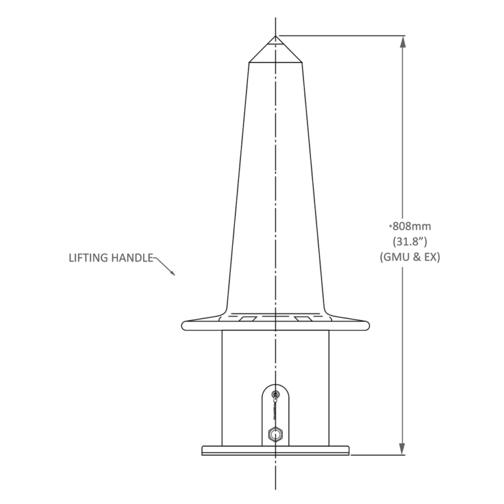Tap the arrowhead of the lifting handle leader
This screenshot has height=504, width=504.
[173, 274]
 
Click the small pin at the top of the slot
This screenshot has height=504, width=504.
[276, 395]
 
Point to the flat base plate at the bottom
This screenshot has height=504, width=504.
[276, 450]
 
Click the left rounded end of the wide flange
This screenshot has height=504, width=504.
[185, 324]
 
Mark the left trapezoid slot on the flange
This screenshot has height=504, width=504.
[249, 318]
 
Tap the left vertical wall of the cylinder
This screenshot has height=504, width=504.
[222, 387]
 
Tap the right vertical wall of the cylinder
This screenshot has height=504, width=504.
[329, 387]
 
